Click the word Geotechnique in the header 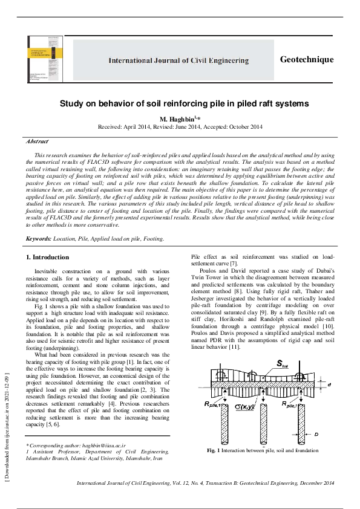point(307,59)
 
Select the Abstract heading point(36,141)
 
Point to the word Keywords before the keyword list point(39,239)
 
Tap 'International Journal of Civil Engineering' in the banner point(178,60)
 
